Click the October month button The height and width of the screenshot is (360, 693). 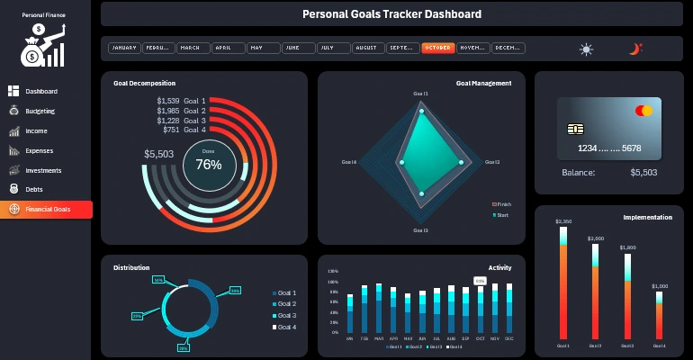pyautogui.click(x=438, y=48)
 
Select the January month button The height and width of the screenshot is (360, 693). pyautogui.click(x=124, y=48)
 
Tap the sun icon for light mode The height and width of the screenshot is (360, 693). pyautogui.click(x=587, y=49)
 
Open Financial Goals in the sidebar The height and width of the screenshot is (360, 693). pyautogui.click(x=47, y=210)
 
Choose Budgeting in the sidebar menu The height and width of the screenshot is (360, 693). pyautogui.click(x=40, y=112)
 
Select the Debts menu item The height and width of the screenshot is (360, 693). pyautogui.click(x=34, y=190)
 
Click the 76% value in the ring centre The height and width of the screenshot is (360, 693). pyautogui.click(x=209, y=165)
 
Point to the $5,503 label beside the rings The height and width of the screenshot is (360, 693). pyautogui.click(x=158, y=154)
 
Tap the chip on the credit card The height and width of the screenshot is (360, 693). pyautogui.click(x=574, y=128)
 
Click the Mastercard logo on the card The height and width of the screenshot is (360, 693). pyautogui.click(x=643, y=111)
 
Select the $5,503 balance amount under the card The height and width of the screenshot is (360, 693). pyautogui.click(x=643, y=172)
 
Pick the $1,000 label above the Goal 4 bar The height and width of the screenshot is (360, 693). pyautogui.click(x=660, y=285)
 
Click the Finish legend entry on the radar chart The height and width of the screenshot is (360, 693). pyautogui.click(x=501, y=204)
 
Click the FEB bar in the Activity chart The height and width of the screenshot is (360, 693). pyautogui.click(x=364, y=310)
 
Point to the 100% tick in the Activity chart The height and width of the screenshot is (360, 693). pyautogui.click(x=333, y=282)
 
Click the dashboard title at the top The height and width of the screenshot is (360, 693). pyautogui.click(x=391, y=14)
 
